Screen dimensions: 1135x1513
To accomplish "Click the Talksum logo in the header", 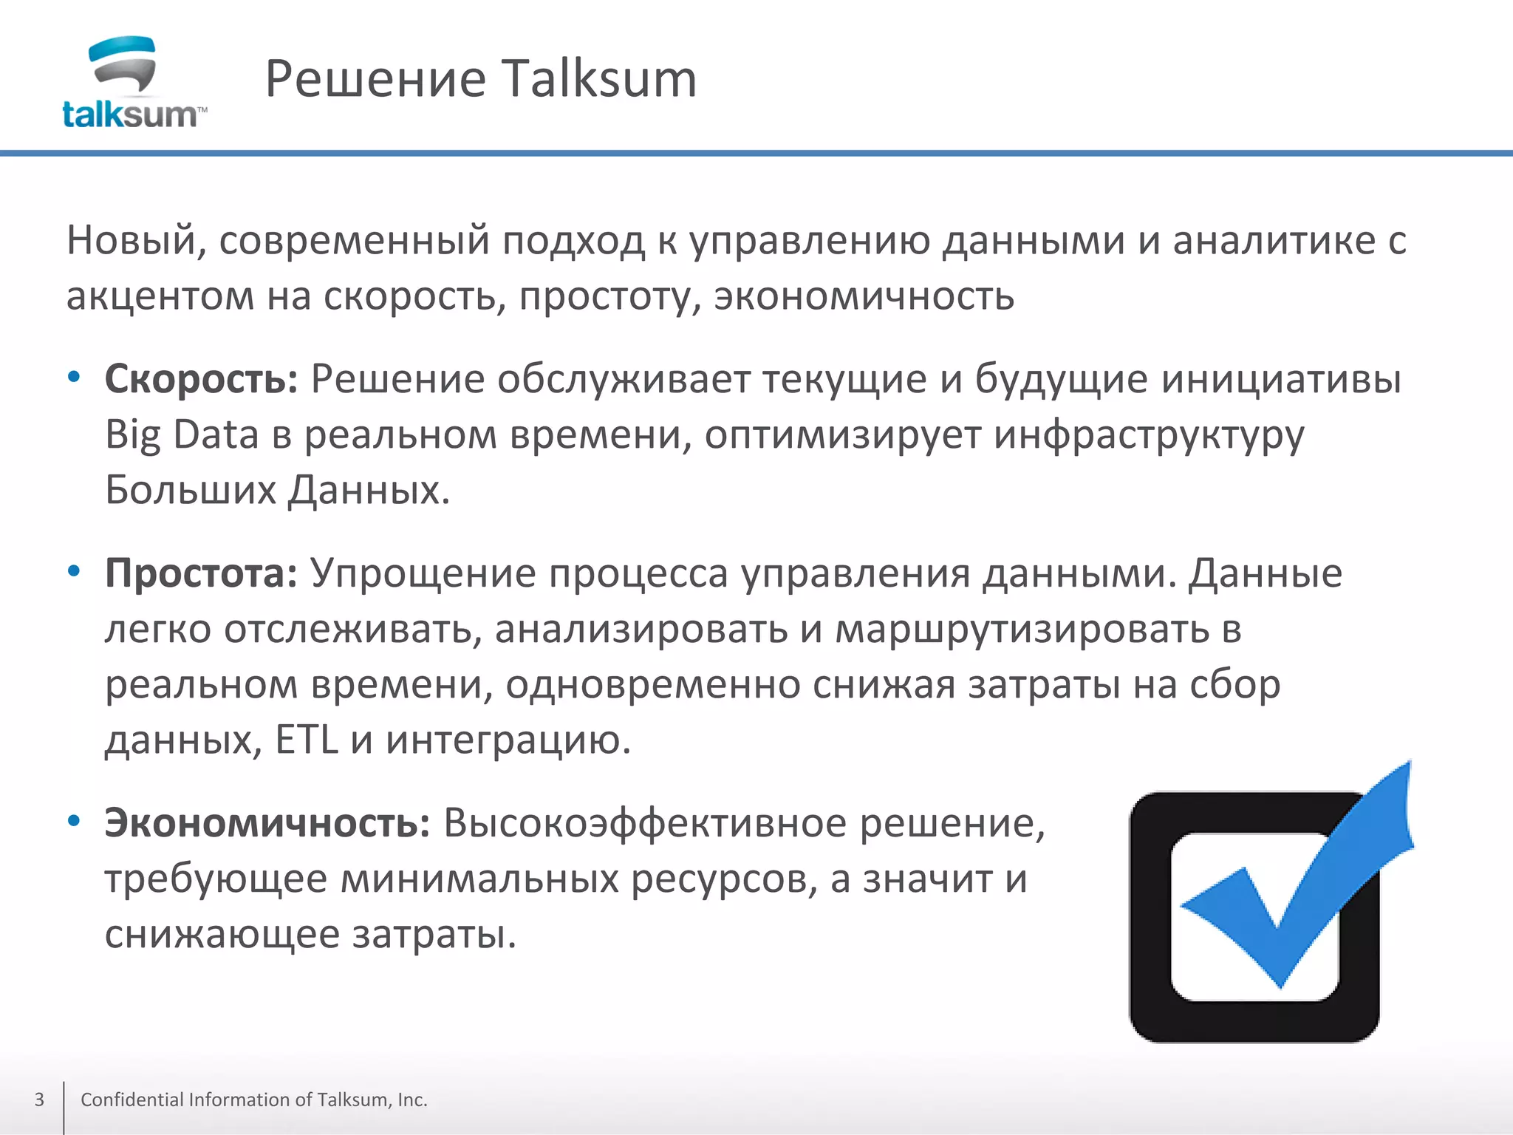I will click(133, 83).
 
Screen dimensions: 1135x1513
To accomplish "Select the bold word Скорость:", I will click(201, 379).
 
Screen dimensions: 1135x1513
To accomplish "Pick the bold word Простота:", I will click(201, 573).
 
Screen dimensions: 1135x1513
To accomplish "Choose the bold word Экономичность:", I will click(267, 823).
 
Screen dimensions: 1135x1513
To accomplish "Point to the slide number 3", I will click(39, 1100).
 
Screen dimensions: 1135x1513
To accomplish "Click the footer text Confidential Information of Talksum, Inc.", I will click(253, 1100).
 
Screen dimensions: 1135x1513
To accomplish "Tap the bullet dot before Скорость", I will click(73, 378).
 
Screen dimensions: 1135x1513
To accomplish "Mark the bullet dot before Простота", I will click(73, 571).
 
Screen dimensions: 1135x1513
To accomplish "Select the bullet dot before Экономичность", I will click(73, 821).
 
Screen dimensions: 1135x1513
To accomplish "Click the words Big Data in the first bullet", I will click(182, 434).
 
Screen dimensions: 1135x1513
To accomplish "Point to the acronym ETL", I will click(307, 740).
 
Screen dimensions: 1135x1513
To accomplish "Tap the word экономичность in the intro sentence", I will click(864, 296).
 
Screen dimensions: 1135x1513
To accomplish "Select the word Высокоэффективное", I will click(644, 823).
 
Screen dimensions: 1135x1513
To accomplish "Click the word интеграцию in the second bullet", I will click(508, 740).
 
